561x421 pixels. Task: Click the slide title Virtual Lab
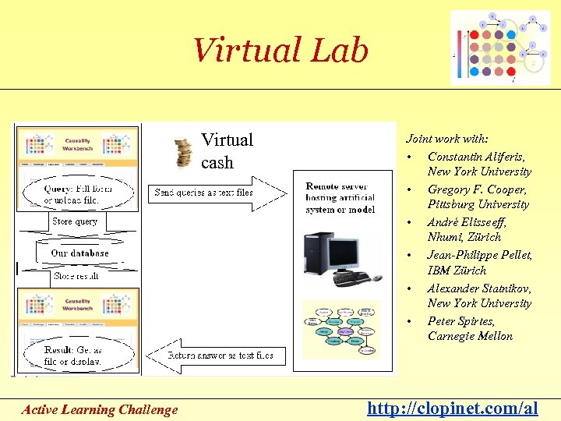[x=280, y=51]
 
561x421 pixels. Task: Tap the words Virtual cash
[x=227, y=150]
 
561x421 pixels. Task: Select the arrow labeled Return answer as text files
[x=221, y=355]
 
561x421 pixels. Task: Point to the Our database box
[x=79, y=253]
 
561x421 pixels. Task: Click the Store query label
[x=75, y=221]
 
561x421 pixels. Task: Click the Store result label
[x=76, y=276]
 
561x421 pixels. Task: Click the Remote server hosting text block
[x=340, y=198]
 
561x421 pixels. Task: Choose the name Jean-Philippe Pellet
[x=479, y=254]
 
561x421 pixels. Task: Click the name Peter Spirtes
[x=460, y=320]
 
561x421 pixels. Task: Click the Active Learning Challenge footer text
[x=100, y=409]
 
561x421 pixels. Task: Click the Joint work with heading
[x=446, y=139]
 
